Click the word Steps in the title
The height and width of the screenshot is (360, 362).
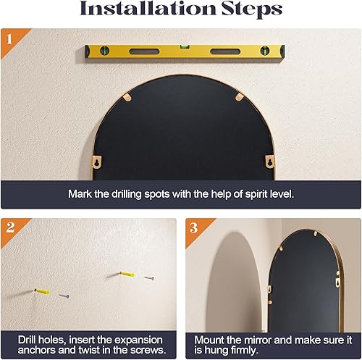click(x=247, y=11)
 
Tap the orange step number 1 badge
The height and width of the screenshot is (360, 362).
click(x=9, y=37)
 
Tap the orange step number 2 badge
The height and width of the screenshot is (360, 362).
click(x=9, y=227)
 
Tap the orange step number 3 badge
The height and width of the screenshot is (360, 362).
click(x=194, y=227)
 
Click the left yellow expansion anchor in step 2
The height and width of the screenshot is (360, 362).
click(x=43, y=291)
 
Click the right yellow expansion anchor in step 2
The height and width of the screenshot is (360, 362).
click(x=128, y=275)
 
